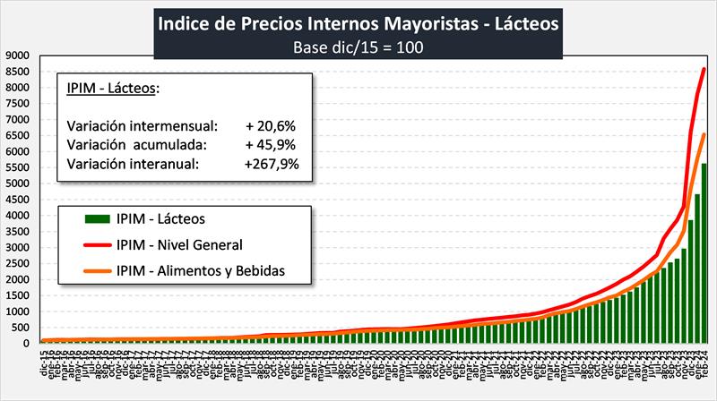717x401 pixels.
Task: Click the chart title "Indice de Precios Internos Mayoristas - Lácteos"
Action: [x=358, y=22]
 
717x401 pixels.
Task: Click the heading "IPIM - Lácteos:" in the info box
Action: [x=112, y=88]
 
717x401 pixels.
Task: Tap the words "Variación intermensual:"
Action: [x=143, y=124]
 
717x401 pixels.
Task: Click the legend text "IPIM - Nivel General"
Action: [x=179, y=243]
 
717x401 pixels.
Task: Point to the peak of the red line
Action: [x=704, y=69]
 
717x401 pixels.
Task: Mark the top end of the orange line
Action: [x=704, y=134]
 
